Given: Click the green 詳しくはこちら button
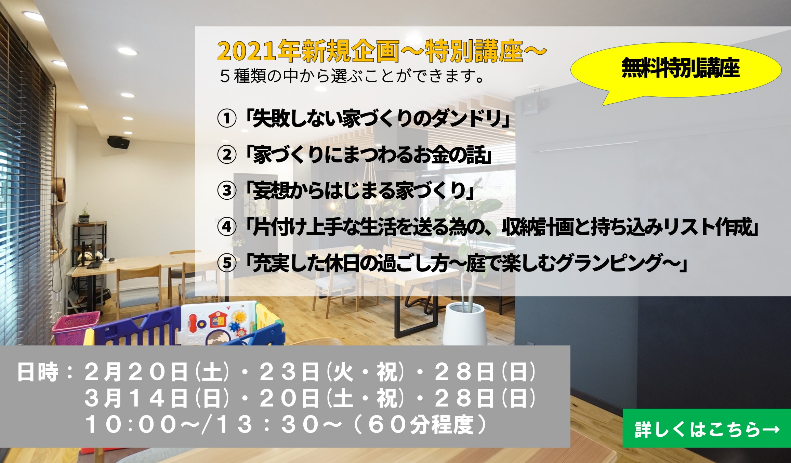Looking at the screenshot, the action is pyautogui.click(x=707, y=428).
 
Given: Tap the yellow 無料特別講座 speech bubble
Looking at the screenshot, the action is pyautogui.click(x=676, y=70).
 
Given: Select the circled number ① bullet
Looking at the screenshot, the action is pyautogui.click(x=227, y=119).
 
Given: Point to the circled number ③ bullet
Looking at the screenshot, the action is pyautogui.click(x=227, y=191).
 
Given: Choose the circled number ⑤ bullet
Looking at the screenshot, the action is pyautogui.click(x=227, y=263).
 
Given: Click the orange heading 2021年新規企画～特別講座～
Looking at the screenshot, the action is pyautogui.click(x=382, y=51).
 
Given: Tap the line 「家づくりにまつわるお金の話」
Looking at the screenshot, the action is pyautogui.click(x=368, y=155).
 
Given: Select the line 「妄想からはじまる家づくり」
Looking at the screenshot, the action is pyautogui.click(x=360, y=191).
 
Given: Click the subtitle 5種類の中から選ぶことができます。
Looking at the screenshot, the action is pyautogui.click(x=352, y=76).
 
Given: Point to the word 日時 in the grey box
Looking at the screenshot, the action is pyautogui.click(x=38, y=372).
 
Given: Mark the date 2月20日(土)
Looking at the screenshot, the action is pyautogui.click(x=157, y=372).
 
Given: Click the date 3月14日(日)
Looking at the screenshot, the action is pyautogui.click(x=157, y=398).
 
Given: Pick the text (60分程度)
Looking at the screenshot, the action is pyautogui.click(x=420, y=425).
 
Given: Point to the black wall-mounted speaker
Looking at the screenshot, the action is pyautogui.click(x=118, y=142).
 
